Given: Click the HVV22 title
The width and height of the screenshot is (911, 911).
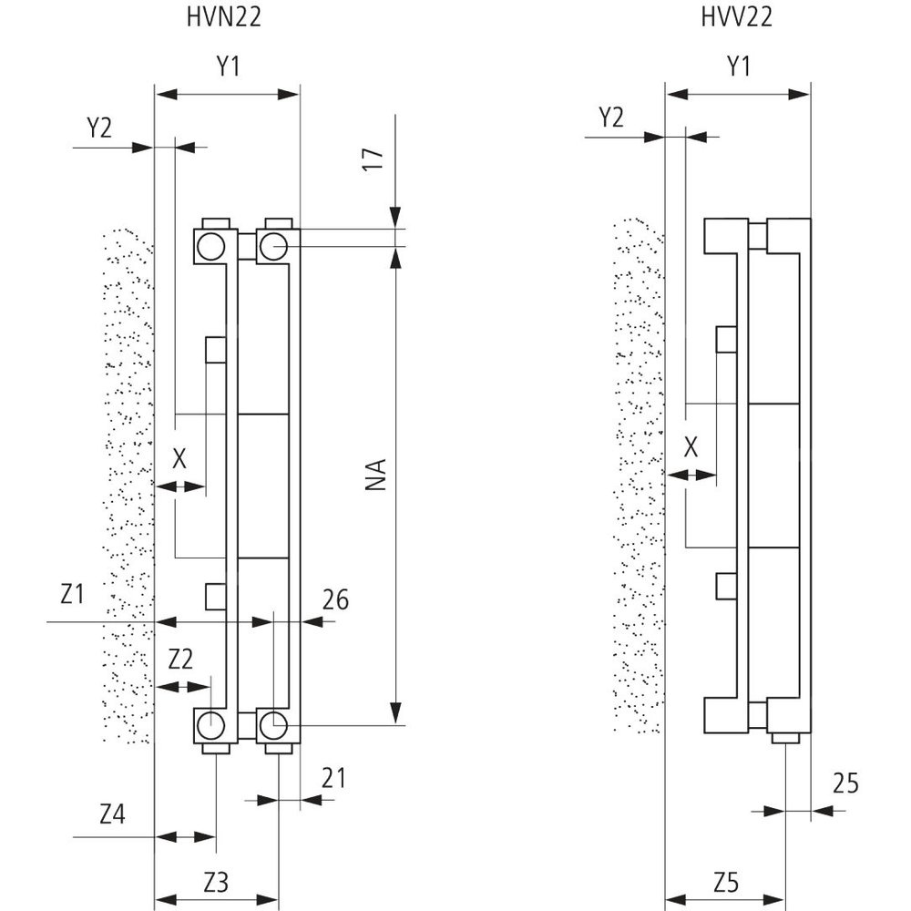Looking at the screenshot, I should click(x=737, y=18).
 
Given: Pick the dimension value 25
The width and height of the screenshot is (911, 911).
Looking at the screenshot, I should click(x=845, y=784).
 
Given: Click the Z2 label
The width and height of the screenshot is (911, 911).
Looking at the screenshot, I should click(x=180, y=658).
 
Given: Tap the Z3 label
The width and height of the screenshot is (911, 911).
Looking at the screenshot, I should click(x=215, y=881).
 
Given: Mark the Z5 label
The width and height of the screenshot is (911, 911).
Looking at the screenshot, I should click(x=725, y=881).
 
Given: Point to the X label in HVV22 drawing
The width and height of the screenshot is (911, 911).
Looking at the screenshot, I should click(x=691, y=446).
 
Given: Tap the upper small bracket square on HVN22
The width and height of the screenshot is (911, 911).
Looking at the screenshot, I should click(x=215, y=349).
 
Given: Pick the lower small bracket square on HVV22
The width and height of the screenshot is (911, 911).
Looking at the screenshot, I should click(x=725, y=585).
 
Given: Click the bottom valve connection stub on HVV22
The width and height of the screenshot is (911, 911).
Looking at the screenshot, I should click(x=785, y=738).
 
